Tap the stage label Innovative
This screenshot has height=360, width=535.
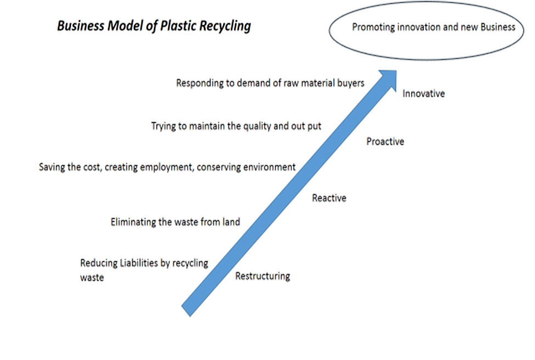424,94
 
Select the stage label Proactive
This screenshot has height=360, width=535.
385,142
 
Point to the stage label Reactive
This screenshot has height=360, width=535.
329,198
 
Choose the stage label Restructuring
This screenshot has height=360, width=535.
262,276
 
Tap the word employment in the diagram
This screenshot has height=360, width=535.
165,167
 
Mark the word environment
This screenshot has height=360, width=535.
269,167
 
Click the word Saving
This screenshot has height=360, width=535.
52,167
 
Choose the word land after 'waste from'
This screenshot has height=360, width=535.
230,222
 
